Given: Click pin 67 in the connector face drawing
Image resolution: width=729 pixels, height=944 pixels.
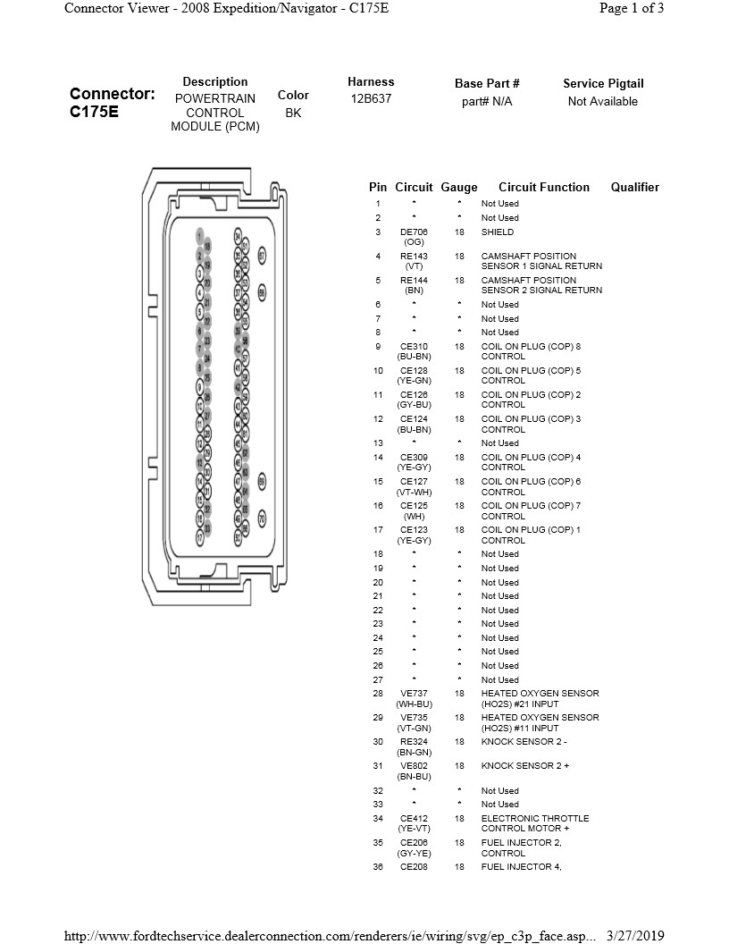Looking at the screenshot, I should (x=262, y=255).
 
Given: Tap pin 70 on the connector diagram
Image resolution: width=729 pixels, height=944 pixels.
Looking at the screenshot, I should (x=262, y=518).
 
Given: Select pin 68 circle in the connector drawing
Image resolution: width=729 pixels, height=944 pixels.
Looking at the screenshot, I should (x=262, y=291).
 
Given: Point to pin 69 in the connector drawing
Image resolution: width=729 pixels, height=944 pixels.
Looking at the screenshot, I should (x=262, y=481).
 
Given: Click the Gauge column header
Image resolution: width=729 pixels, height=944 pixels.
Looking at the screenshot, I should (x=459, y=188).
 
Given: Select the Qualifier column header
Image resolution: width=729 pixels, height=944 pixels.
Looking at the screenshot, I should (x=634, y=188).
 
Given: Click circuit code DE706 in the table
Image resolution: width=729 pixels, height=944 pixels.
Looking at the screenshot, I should (x=414, y=232).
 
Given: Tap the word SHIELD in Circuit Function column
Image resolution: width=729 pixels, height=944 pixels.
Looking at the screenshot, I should (x=498, y=232).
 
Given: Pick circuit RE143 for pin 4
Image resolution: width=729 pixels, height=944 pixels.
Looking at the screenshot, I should (x=414, y=257).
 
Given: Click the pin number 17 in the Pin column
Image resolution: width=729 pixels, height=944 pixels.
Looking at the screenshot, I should (x=378, y=530).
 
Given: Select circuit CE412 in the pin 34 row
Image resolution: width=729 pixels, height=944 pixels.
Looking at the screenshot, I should (x=414, y=819).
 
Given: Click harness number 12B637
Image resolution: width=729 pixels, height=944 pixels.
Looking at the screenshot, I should (x=371, y=99).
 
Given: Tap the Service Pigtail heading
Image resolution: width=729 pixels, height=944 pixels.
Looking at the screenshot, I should (x=603, y=84).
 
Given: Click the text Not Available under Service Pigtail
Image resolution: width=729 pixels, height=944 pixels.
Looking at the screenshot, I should (x=603, y=102).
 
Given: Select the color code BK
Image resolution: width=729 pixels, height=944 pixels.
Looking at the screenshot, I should (x=293, y=114).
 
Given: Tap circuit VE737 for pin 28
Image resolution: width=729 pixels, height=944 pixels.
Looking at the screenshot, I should (x=414, y=694).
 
